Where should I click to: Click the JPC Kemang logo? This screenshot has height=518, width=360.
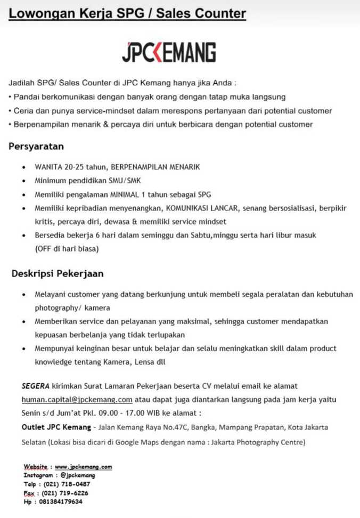coord(169,52)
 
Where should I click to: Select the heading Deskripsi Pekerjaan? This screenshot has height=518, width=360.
coord(58,274)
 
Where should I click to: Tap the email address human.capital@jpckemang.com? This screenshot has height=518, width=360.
coord(77,399)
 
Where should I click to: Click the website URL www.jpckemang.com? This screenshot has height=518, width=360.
coord(83,467)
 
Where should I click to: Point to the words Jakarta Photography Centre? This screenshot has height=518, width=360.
coord(261,442)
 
